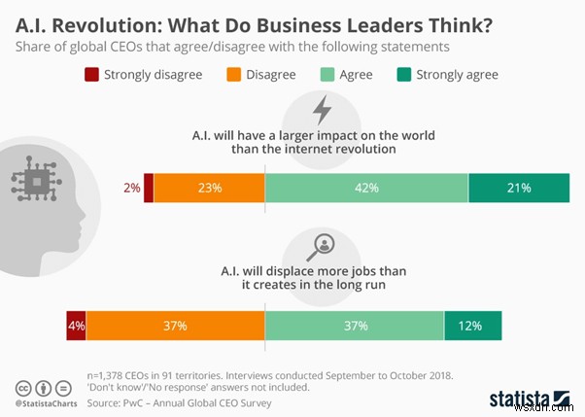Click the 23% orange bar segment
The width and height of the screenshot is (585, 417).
pyautogui.click(x=209, y=189)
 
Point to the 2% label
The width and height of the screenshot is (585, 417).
pyautogui.click(x=131, y=189)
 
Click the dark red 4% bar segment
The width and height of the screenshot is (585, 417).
pyautogui.click(x=77, y=326)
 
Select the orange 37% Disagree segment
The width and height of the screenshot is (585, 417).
pyautogui.click(x=176, y=326)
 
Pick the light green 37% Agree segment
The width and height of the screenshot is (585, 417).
pyautogui.click(x=355, y=326)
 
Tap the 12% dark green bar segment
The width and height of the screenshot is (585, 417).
pyautogui.click(x=473, y=326)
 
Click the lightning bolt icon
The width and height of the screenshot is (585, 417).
pyautogui.click(x=321, y=109)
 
